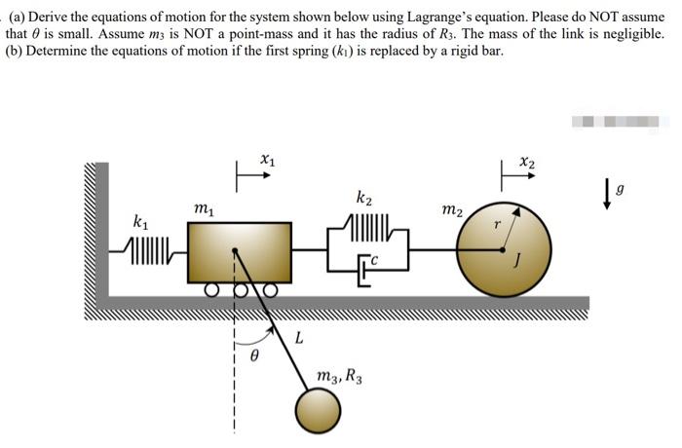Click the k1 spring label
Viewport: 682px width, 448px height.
coord(140,223)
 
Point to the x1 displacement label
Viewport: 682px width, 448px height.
coord(267,157)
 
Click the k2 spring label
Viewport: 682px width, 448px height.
coord(364,201)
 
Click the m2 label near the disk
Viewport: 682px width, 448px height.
coord(451,210)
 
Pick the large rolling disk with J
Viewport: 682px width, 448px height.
coord(503,249)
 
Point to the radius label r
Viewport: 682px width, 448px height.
coord(497,223)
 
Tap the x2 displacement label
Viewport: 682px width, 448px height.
coord(527,157)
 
